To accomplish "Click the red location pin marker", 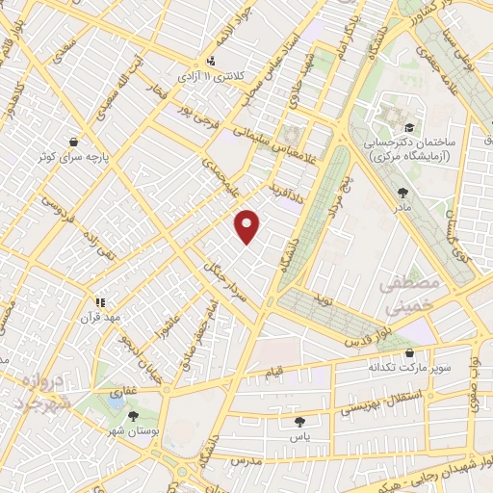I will (x=247, y=226).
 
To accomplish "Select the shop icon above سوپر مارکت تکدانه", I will (x=411, y=352).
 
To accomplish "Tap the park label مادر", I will (x=402, y=207).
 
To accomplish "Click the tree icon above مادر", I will (x=402, y=193).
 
